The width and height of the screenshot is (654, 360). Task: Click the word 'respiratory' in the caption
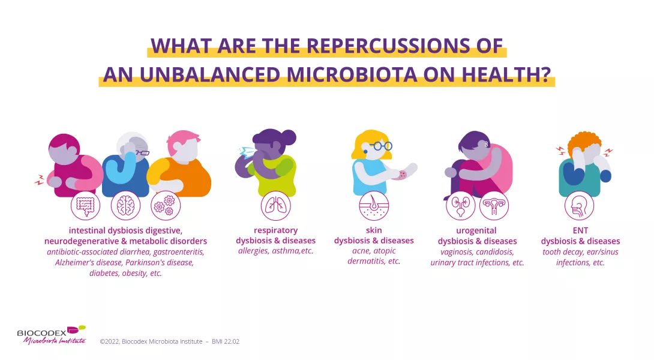(x=275, y=230)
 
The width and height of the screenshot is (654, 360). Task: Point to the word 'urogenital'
(x=477, y=231)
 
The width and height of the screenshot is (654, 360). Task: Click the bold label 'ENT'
(x=580, y=230)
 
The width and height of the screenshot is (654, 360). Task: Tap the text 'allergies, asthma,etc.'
(x=275, y=251)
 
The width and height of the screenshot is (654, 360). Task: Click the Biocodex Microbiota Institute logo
(x=52, y=335)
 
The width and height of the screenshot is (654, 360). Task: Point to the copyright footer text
(x=170, y=341)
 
